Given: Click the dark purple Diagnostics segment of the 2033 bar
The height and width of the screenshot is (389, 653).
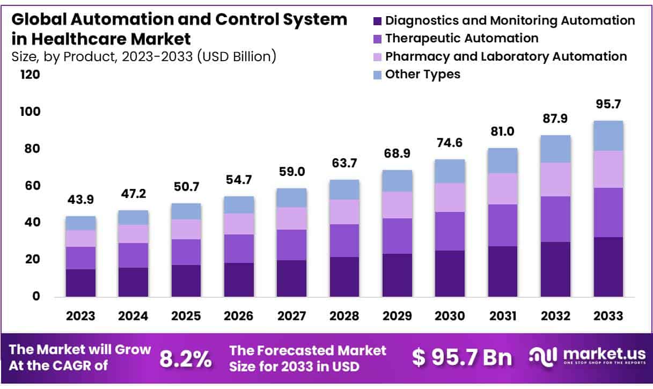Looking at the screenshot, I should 608,267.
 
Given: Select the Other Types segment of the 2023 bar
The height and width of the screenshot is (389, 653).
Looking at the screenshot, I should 80,223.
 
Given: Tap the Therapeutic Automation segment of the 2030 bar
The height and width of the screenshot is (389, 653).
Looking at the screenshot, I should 450,231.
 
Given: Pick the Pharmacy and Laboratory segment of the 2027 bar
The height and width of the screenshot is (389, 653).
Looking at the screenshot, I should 291,218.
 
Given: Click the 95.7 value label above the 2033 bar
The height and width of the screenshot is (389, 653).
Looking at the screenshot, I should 608,104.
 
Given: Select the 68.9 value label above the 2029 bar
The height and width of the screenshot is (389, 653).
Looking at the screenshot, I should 397,153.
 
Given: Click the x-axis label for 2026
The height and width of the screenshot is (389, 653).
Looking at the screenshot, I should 239,316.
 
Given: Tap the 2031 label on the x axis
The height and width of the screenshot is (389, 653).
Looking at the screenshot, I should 502,316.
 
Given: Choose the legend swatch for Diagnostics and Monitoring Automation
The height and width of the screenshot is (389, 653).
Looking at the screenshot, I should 377,21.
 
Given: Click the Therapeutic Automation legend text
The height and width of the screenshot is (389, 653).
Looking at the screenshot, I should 461,38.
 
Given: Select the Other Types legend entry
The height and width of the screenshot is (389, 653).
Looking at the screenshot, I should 422,74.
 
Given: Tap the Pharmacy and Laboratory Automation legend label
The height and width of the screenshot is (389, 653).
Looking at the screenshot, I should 505,56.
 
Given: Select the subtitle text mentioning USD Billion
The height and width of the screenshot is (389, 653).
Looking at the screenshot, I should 144,56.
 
